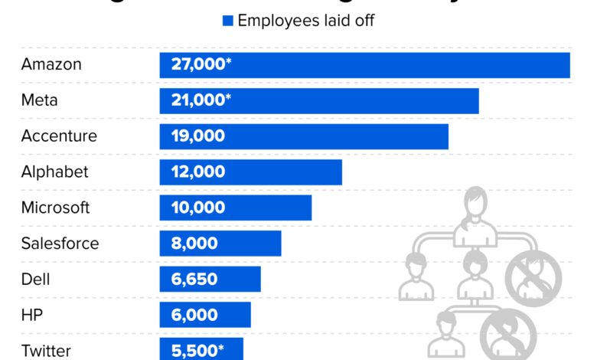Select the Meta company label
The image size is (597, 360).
coord(39,100)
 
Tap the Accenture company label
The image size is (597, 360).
coord(59,136)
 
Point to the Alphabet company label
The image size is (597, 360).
coord(54,172)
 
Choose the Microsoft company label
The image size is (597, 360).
coord(55,208)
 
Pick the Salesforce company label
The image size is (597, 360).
coord(60,244)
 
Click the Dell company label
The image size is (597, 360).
coord(35,280)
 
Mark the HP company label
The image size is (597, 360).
coord(32,315)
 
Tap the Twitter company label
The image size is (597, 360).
coord(46,351)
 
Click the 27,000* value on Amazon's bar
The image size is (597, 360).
coord(201,64)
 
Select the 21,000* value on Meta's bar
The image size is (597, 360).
coord(201,100)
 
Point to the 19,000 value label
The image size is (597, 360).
coord(198,136)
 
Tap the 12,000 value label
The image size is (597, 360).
coord(198,172)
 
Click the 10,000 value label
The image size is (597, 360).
coord(198,208)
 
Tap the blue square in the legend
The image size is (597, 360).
coord(227,21)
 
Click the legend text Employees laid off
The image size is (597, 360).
coord(306,21)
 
